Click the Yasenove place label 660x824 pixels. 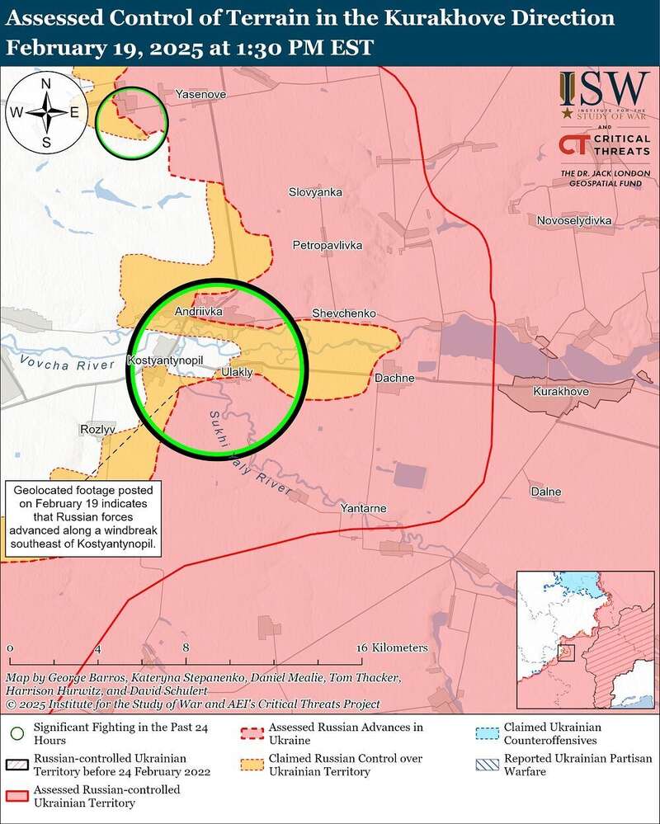196,96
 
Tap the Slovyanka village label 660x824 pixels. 315,192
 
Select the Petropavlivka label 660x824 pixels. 328,245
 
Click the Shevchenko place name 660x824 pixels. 344,314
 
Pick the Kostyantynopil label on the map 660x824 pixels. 165,361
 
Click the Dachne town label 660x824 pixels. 394,378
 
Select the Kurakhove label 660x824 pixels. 561,391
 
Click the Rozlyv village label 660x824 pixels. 97,430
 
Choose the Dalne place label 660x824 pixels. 545,492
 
